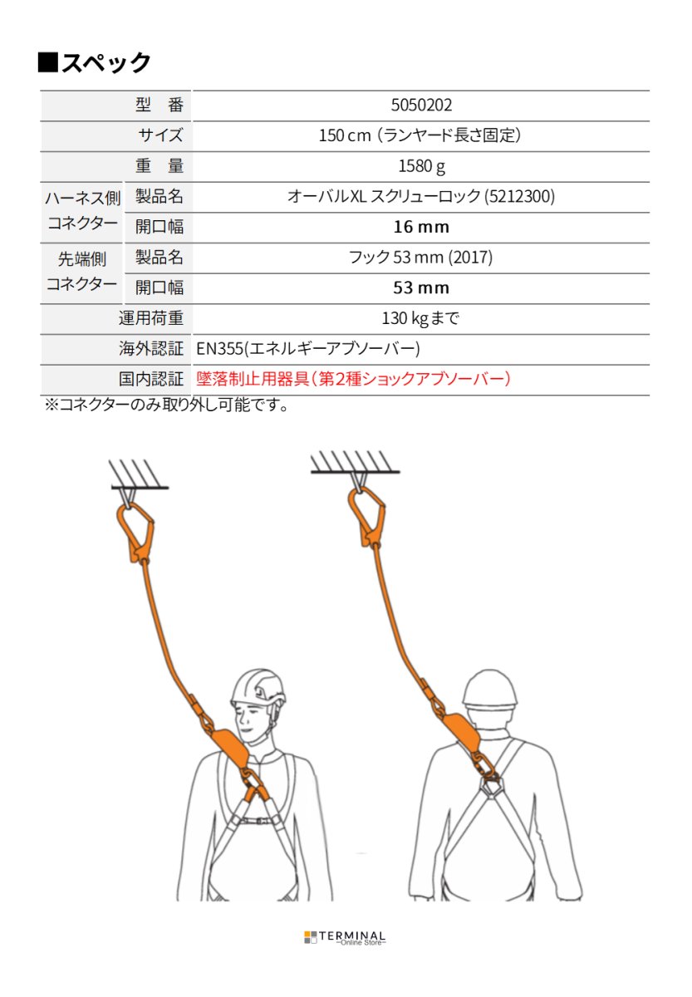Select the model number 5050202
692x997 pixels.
420,106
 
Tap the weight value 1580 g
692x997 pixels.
420,166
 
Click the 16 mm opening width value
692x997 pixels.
420,227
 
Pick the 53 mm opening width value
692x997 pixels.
420,288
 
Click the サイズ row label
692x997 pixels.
160,135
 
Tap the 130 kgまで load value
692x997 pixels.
420,318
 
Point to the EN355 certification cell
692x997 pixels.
308,349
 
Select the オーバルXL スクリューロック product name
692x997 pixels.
420,197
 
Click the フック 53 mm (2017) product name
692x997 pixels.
420,258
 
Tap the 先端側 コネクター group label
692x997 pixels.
81,273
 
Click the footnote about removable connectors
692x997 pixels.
165,406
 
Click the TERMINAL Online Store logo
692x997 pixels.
345,937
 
